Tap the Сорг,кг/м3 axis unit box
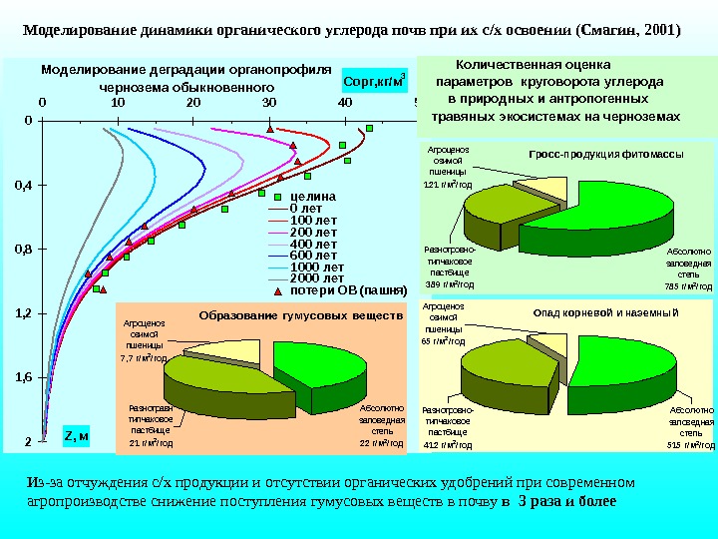[374, 79]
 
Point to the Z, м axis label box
[77, 434]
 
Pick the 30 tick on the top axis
[269, 102]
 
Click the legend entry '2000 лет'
[316, 278]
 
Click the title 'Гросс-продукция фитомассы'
[606, 155]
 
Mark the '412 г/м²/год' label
[448, 444]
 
